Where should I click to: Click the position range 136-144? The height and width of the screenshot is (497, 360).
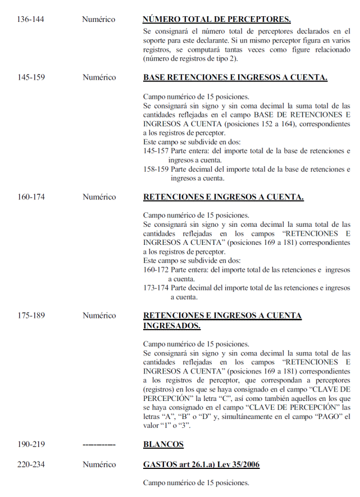(x=31, y=20)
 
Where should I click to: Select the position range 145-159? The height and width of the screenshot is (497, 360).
(x=31, y=77)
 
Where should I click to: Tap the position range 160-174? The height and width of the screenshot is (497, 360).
(x=31, y=197)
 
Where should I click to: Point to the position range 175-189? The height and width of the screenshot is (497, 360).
(x=31, y=316)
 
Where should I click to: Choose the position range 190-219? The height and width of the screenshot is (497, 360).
(x=31, y=445)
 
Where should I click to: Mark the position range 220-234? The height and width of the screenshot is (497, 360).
(x=31, y=465)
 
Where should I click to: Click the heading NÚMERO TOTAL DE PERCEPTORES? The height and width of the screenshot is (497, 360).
(x=217, y=20)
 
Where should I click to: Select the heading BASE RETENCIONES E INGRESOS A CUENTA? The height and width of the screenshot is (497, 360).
(x=235, y=77)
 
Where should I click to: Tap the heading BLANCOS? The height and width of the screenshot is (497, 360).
(x=163, y=445)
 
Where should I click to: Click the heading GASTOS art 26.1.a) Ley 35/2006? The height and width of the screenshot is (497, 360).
(x=201, y=465)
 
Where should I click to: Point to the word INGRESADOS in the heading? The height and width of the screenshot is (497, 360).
(x=172, y=326)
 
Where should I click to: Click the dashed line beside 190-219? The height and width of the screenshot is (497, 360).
(x=99, y=445)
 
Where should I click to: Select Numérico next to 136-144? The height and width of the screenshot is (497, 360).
(x=99, y=20)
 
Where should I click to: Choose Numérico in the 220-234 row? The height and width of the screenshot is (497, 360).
(x=99, y=465)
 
